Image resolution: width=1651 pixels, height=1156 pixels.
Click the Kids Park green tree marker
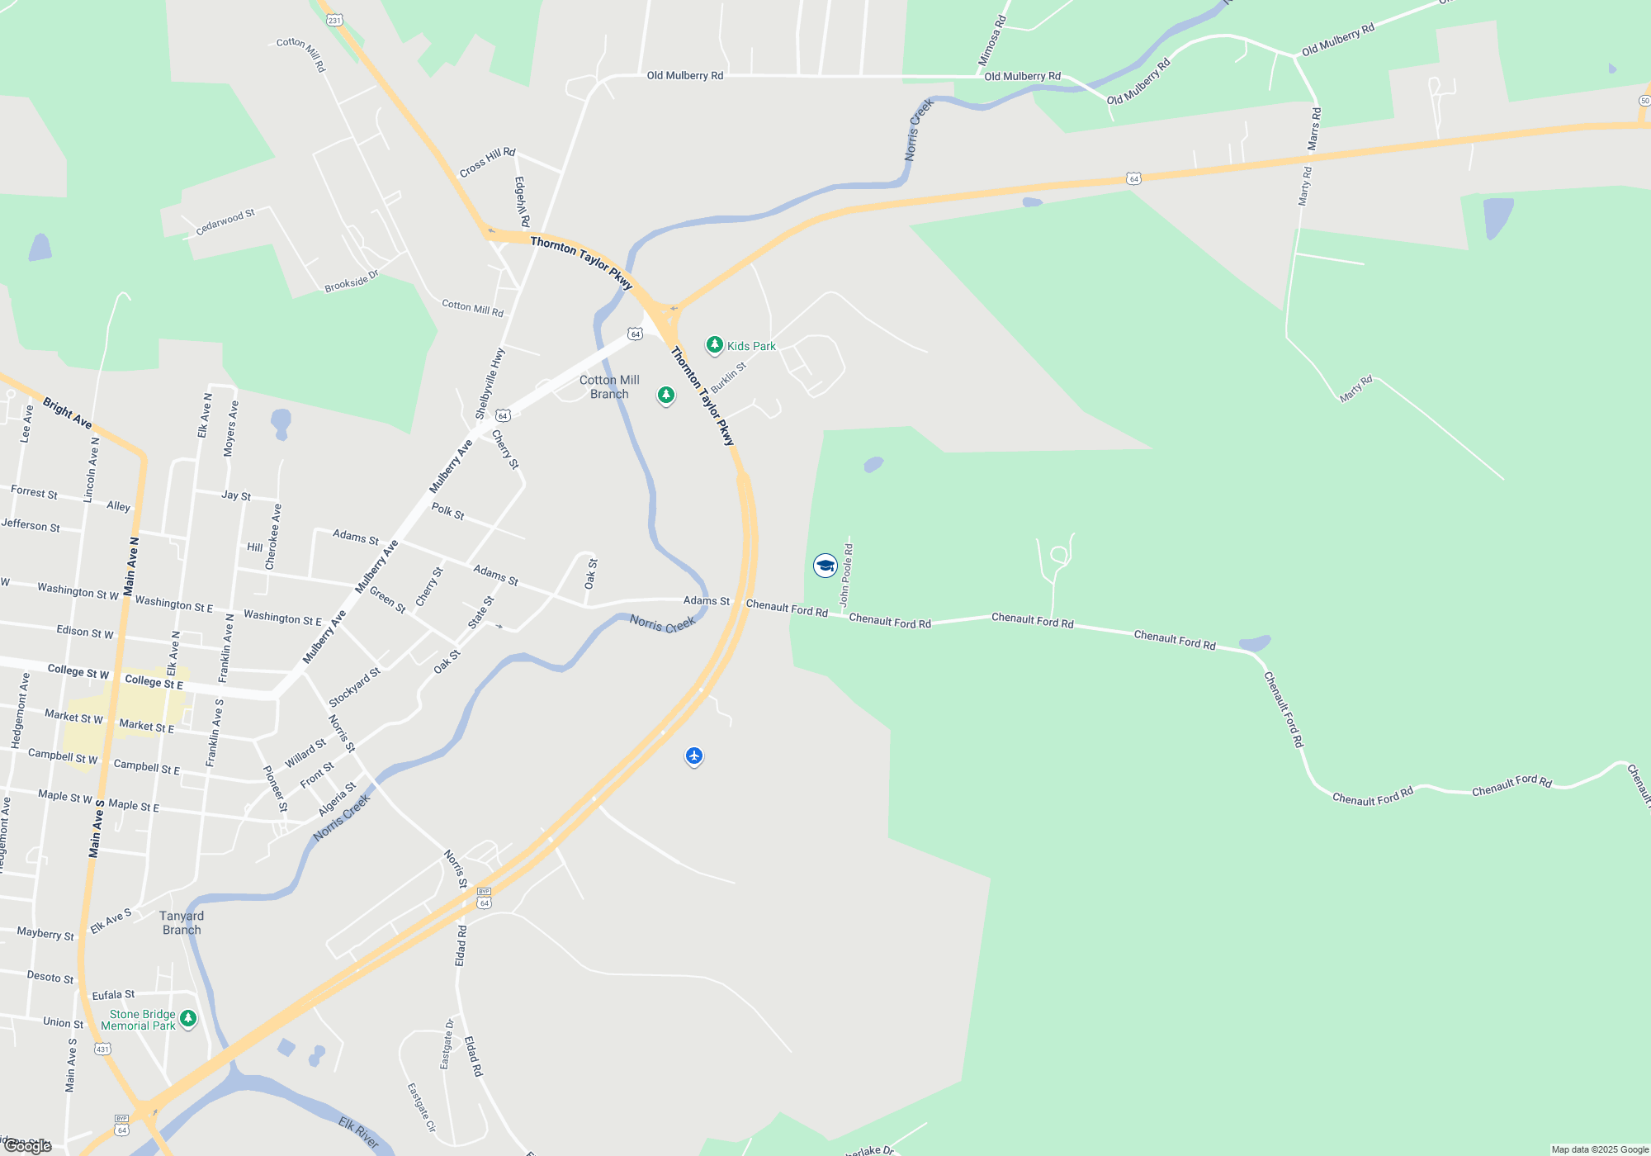point(715,344)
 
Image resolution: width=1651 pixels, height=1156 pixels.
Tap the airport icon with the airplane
point(694,756)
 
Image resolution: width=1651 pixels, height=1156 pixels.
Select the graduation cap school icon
point(825,566)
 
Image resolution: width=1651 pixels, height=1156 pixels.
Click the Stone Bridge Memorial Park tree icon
point(188,1019)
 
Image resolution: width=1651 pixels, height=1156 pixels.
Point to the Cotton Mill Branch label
point(609,387)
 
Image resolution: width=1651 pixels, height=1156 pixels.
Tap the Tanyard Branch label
point(182,923)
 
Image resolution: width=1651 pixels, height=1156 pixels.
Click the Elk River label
point(359,1133)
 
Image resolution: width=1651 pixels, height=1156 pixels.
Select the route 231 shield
point(334,20)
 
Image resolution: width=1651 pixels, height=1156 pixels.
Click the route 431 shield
point(102,1049)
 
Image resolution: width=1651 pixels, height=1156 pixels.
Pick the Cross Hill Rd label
point(487,162)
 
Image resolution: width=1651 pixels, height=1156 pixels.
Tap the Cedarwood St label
point(225,221)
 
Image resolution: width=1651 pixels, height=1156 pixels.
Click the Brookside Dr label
point(351,281)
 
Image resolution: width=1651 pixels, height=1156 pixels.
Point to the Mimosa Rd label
point(992,40)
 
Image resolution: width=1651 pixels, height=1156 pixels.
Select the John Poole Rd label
point(846,575)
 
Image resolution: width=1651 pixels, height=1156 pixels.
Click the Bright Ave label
point(67,413)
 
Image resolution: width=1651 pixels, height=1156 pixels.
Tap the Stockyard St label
point(354,687)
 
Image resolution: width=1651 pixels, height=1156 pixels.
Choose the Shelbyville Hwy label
point(490,383)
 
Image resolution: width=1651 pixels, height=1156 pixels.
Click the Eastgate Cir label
point(421,1107)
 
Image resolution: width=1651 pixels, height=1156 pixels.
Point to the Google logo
point(28,1146)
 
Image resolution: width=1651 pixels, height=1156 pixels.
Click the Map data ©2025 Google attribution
point(1599,1149)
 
